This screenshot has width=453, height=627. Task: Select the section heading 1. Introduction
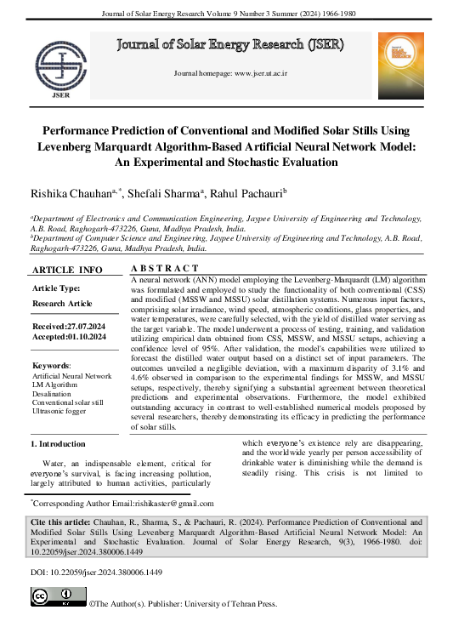point(58,444)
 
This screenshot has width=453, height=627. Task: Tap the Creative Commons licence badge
point(57,599)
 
